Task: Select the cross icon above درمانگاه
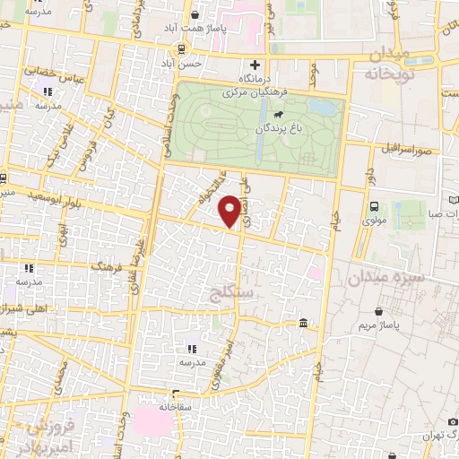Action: (255, 65)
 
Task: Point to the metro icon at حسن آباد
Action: (182, 49)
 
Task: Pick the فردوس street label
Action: (86, 158)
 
